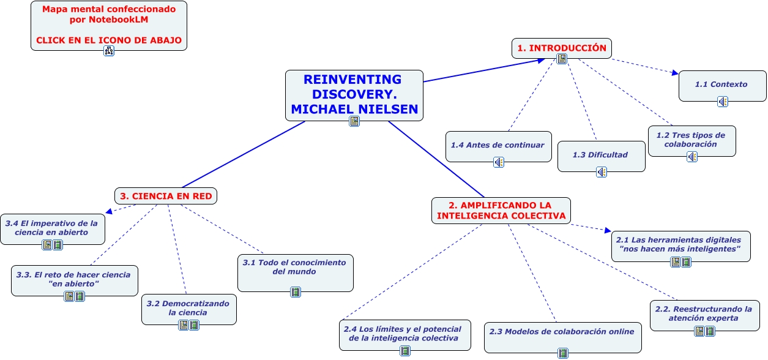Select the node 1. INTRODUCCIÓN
tap(561, 48)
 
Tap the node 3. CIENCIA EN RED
tap(166, 196)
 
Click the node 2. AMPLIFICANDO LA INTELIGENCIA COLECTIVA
tap(501, 210)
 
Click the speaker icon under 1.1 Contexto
tap(723, 102)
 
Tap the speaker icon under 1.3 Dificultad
tap(602, 172)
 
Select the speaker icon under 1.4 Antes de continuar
tap(499, 162)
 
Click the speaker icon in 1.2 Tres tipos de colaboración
tap(692, 157)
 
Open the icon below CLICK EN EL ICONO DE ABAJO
tap(109, 51)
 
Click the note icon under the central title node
tap(354, 121)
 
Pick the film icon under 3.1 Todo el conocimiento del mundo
tap(296, 292)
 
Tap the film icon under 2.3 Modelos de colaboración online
tap(563, 353)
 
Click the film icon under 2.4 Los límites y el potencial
tap(405, 351)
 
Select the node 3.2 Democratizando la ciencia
tap(188, 308)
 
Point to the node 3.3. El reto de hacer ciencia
tap(74, 279)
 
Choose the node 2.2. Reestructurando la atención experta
tap(703, 313)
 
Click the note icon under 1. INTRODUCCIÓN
tap(562, 59)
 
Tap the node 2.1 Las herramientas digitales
tap(680, 244)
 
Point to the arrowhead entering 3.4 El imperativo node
tap(108, 212)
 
